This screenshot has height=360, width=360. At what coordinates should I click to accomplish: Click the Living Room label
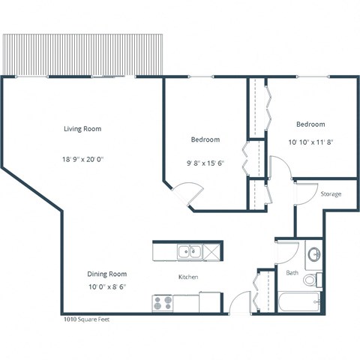tap(82, 128)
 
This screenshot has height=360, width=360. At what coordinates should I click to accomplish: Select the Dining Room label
tap(106, 274)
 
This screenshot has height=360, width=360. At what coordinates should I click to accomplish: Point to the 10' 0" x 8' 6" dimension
tap(106, 286)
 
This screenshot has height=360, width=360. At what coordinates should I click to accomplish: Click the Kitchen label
tap(187, 277)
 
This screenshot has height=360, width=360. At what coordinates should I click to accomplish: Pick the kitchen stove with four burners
tap(163, 303)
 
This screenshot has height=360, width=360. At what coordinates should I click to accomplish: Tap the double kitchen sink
tap(188, 251)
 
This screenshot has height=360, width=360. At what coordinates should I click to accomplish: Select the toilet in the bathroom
tap(312, 280)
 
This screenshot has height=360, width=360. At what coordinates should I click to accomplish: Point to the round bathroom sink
tap(313, 252)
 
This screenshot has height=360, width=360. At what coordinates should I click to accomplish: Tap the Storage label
tap(331, 194)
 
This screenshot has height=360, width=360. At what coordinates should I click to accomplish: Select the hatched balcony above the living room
tap(82, 53)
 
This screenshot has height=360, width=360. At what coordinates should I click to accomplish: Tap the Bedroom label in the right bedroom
tap(310, 124)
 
